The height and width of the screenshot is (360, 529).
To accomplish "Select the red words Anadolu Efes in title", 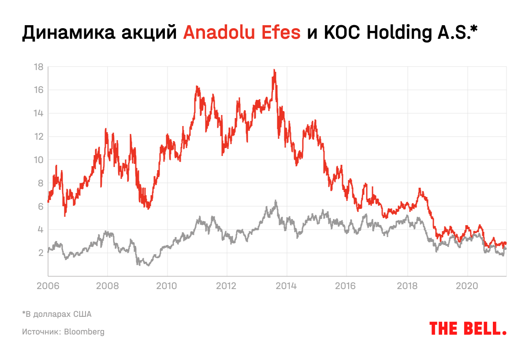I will [242, 33].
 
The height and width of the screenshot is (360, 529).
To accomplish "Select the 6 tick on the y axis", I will [40, 206].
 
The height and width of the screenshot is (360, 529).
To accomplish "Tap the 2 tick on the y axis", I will [40, 253].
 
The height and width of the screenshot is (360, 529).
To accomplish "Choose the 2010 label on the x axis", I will [167, 286].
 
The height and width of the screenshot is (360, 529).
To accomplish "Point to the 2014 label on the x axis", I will [287, 286].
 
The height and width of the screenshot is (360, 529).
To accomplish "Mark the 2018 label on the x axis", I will [407, 286].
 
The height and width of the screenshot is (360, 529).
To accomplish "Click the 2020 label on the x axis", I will [467, 286].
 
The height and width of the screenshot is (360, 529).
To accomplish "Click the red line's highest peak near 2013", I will [274, 70].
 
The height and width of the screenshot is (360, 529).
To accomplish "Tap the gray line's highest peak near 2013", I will [276, 201].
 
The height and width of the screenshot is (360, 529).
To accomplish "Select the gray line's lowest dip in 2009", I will [148, 265].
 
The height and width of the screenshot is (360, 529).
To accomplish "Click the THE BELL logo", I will [467, 328].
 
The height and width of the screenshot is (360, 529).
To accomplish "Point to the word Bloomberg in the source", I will [85, 331].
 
